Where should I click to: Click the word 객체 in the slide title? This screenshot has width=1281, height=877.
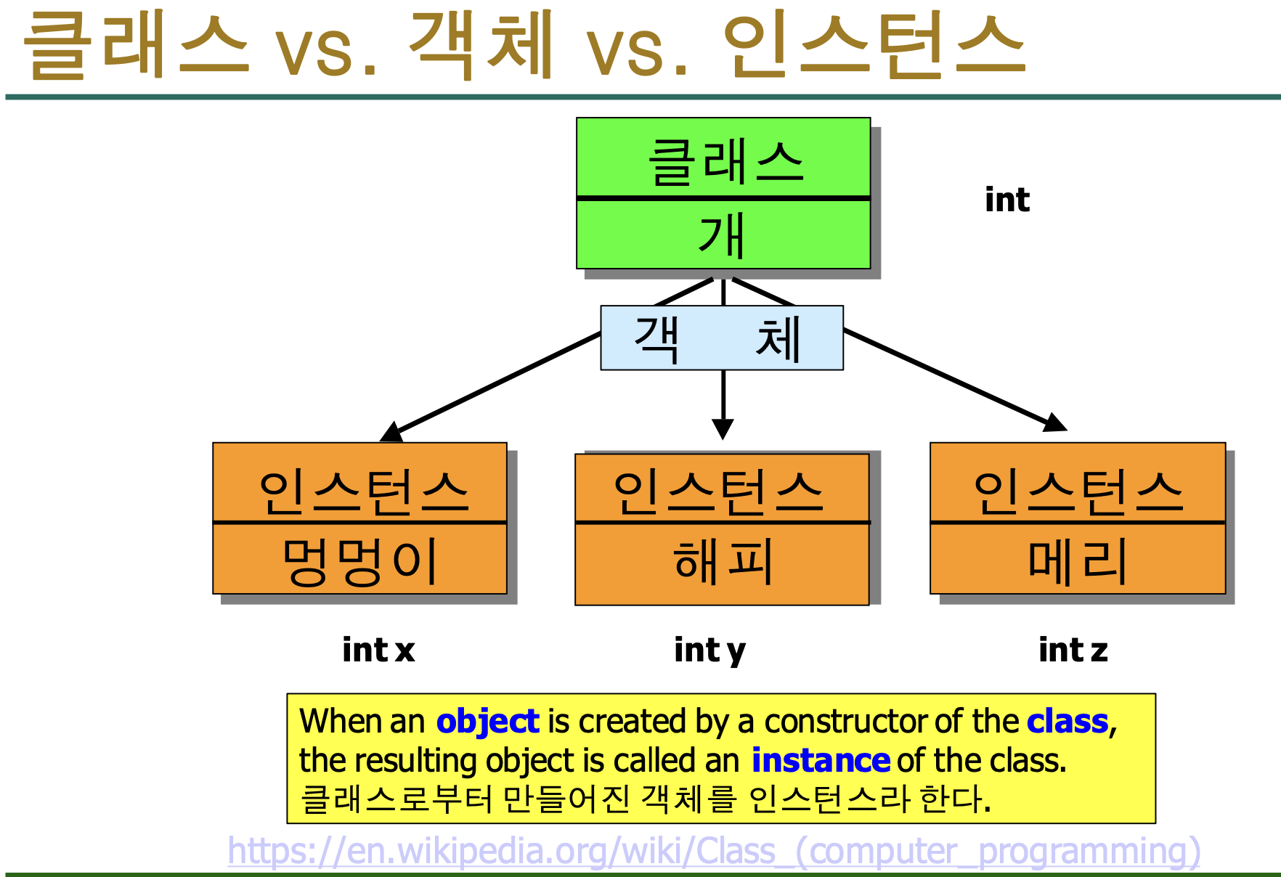coord(481,45)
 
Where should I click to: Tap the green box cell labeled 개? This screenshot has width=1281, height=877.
coord(723,234)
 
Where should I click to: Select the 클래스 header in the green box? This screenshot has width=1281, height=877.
coord(724,160)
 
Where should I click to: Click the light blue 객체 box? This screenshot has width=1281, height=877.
coord(721,338)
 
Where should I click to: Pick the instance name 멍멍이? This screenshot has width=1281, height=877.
coord(360,560)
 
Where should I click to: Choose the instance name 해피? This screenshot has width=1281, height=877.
coord(722,561)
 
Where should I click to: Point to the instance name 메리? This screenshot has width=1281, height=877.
coord(1077,560)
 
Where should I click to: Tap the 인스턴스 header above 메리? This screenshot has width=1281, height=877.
coord(1078,491)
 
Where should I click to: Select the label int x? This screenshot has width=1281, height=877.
coord(378,650)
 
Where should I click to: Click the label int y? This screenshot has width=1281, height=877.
coord(709,650)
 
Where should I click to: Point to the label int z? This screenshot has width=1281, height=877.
coord(1073,650)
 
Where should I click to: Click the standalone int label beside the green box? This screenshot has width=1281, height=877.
coord(1006,200)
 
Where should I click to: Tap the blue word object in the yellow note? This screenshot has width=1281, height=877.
coord(487,722)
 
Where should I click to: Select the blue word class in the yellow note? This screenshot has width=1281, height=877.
coord(1067,722)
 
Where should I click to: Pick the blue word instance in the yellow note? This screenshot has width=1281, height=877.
coord(820,760)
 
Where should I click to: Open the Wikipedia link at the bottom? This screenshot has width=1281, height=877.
coord(713,851)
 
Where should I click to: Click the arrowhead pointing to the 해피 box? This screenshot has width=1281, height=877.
coord(723,430)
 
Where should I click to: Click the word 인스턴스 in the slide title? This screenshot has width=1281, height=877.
coord(874,45)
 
